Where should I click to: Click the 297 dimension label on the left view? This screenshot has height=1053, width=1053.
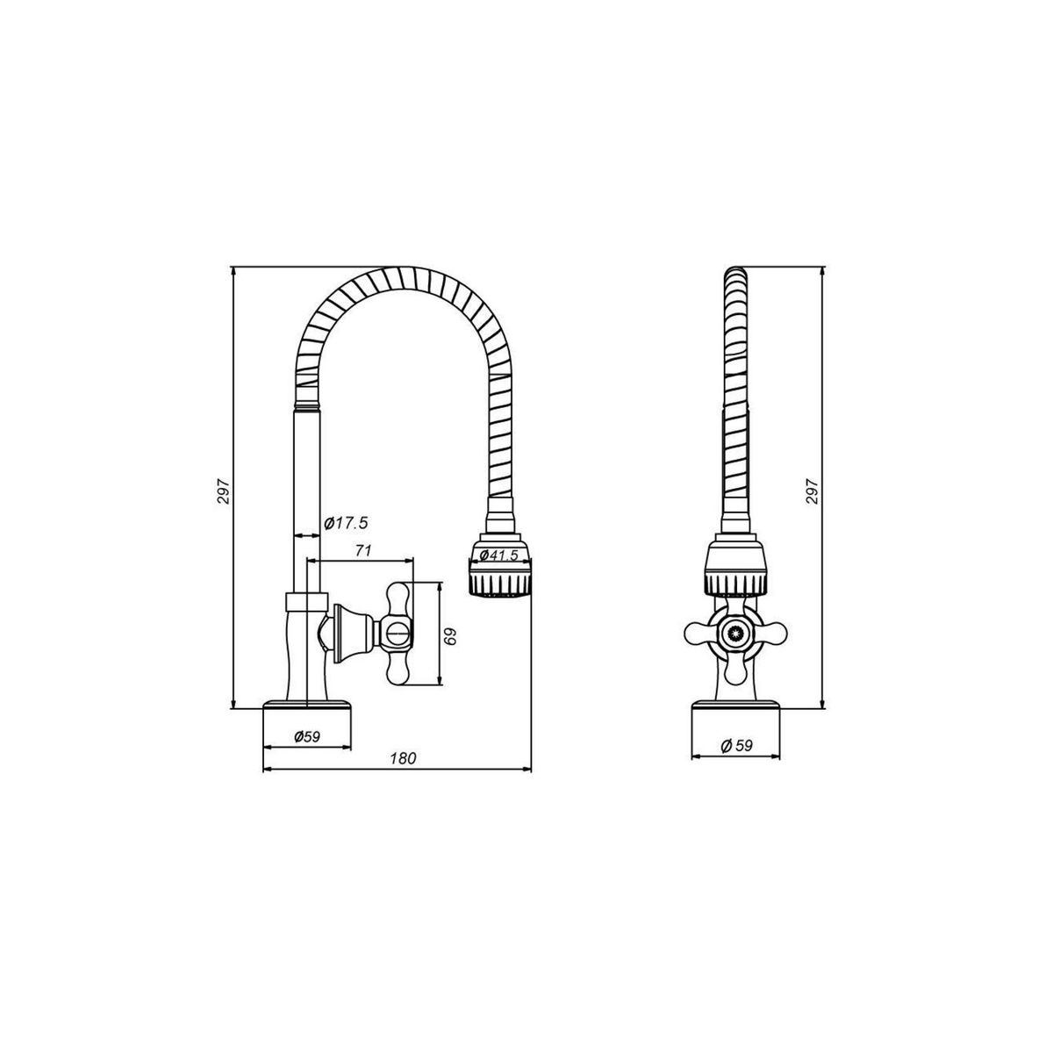[x=223, y=492]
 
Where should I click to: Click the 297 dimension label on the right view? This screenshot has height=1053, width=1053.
[x=812, y=492]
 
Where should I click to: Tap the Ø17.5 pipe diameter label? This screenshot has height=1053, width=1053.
[x=345, y=523]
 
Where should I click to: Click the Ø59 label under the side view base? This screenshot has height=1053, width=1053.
[x=306, y=737]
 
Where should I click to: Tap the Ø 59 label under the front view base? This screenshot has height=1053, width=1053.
[x=737, y=745]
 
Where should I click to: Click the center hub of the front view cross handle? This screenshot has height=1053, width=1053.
[x=736, y=633]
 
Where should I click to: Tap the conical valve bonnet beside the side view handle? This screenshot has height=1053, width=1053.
[x=344, y=633]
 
